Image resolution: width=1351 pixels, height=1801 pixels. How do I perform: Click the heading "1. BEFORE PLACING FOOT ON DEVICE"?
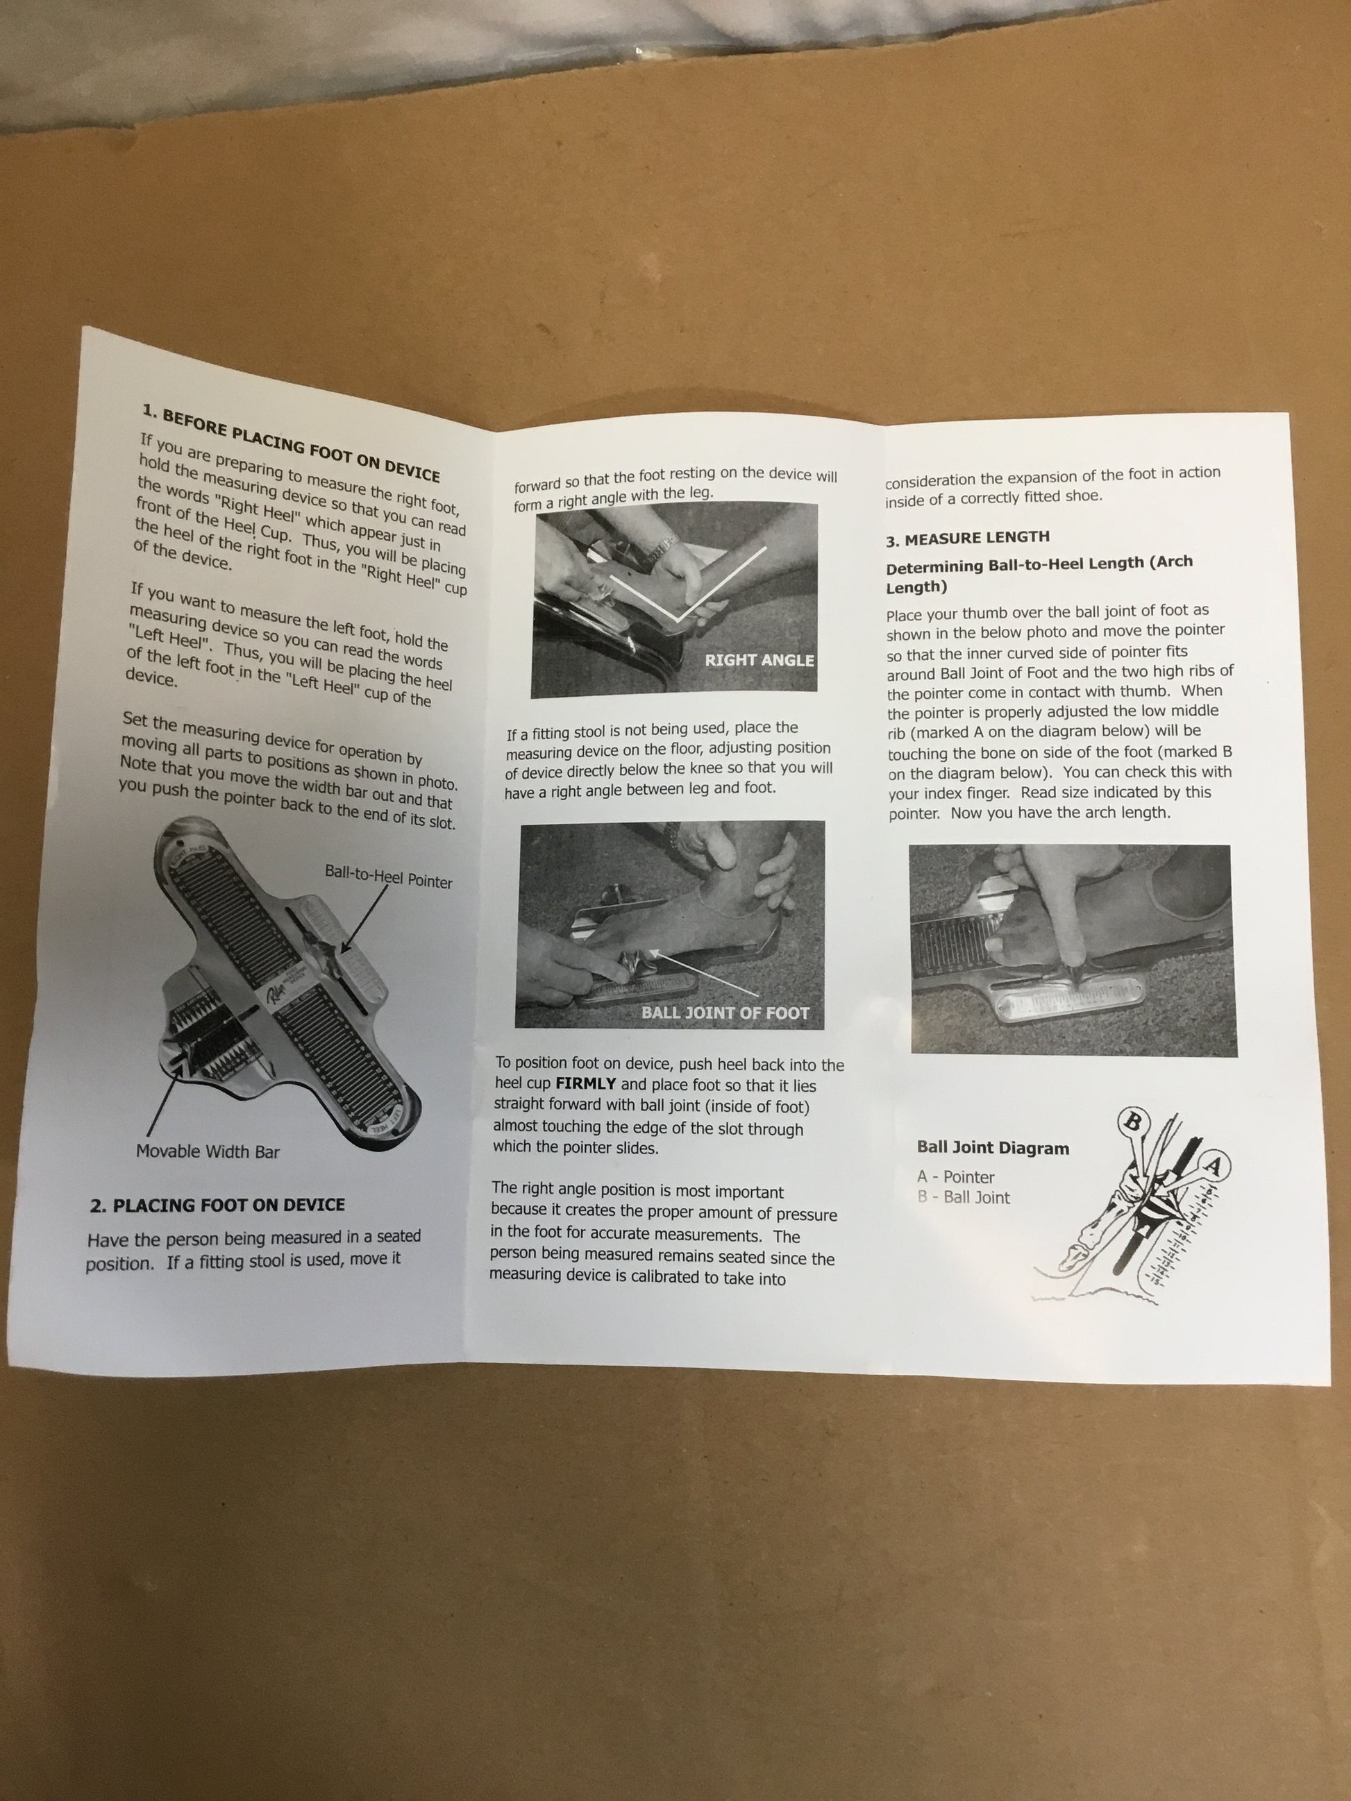click(292, 443)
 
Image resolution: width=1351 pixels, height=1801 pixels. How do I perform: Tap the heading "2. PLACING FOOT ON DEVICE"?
click(217, 1205)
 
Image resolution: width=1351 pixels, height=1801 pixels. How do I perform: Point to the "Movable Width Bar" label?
click(208, 1151)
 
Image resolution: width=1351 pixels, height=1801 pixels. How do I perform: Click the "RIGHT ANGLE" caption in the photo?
click(759, 660)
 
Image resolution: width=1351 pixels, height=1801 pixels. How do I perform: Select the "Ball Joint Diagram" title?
click(993, 1148)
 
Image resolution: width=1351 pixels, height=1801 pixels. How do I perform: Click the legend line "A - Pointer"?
click(955, 1177)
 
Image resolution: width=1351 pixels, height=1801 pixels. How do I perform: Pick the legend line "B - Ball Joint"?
click(964, 1198)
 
